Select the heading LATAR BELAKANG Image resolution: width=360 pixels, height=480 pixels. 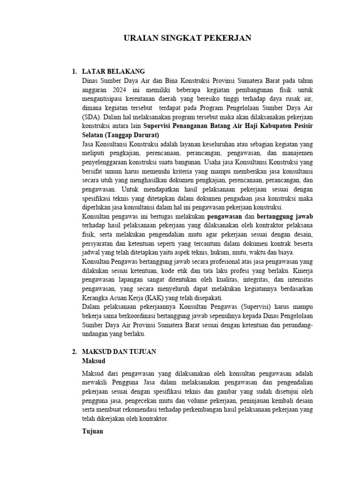pyautogui.click(x=113, y=72)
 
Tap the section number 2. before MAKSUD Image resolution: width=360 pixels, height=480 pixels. pyautogui.click(x=74, y=351)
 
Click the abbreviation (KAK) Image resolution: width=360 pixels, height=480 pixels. pyautogui.click(x=155, y=298)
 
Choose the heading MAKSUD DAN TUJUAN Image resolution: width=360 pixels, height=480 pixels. pyautogui.click(x=119, y=351)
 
